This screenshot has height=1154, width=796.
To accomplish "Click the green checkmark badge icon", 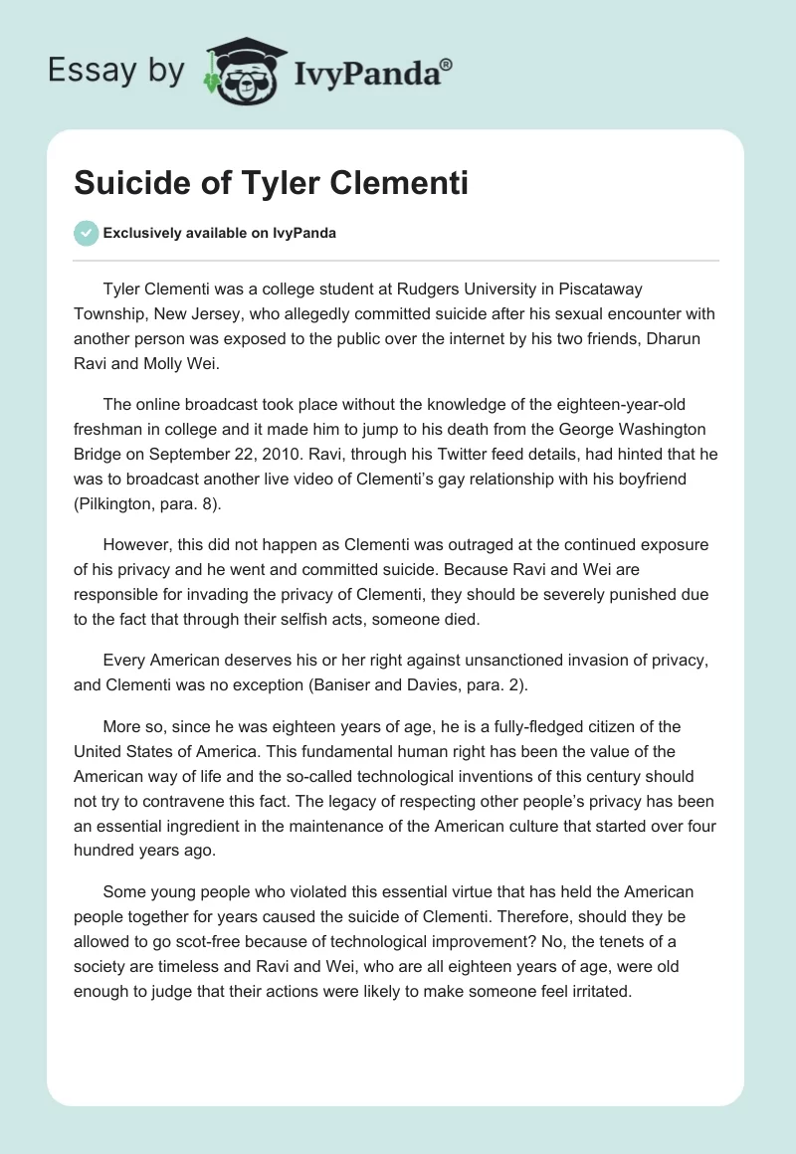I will pyautogui.click(x=86, y=233).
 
